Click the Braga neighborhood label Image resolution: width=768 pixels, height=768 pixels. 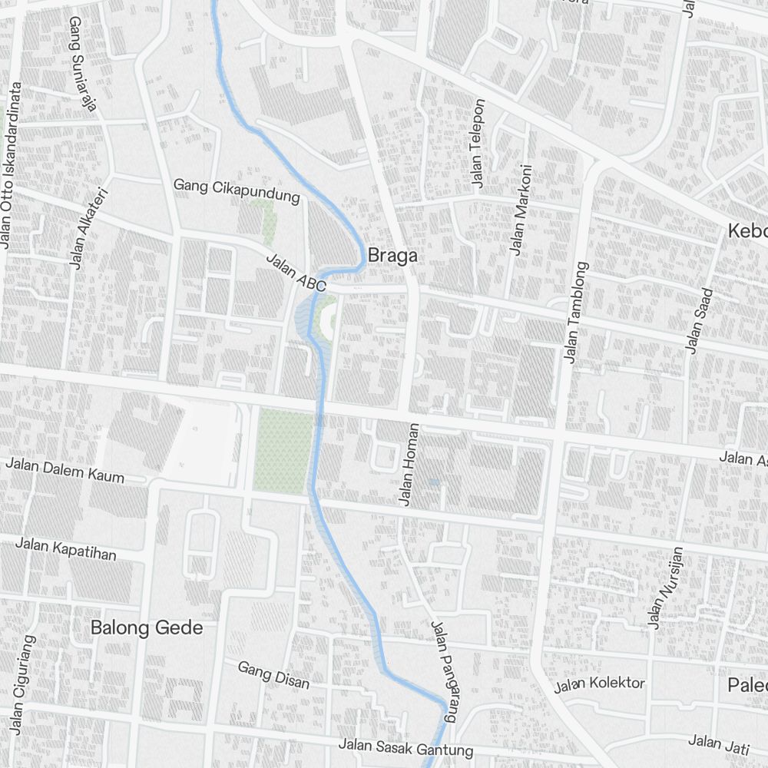(393, 256)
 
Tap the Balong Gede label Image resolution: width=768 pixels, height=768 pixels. (147, 627)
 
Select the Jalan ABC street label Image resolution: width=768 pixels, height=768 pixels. (296, 272)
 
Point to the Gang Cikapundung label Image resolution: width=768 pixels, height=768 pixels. (237, 190)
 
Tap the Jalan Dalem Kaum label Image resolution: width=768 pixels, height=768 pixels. (65, 470)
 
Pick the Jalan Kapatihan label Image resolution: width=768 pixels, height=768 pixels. (66, 549)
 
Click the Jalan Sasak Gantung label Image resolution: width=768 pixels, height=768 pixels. (406, 747)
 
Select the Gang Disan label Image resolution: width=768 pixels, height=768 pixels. (273, 675)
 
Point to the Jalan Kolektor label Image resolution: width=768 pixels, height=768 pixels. (600, 684)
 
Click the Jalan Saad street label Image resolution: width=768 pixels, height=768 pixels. (700, 321)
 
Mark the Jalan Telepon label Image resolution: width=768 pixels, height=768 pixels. (478, 144)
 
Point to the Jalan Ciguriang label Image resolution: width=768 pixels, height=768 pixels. (22, 684)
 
